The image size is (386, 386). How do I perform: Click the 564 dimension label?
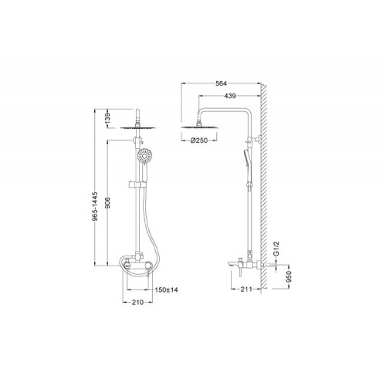pyautogui.click(x=221, y=83)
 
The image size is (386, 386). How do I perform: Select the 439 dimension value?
pyautogui.click(x=230, y=96)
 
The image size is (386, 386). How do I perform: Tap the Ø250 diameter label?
pyautogui.click(x=199, y=141)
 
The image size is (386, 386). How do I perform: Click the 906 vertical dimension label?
pyautogui.click(x=108, y=202)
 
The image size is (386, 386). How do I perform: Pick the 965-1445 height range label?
pyautogui.click(x=95, y=206)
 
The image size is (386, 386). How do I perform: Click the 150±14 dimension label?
pyautogui.click(x=166, y=289)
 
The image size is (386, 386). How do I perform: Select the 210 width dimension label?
pyautogui.click(x=137, y=303)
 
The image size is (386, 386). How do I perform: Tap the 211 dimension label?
pyautogui.click(x=246, y=289)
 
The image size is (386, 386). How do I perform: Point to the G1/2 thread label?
pyautogui.click(x=276, y=249)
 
